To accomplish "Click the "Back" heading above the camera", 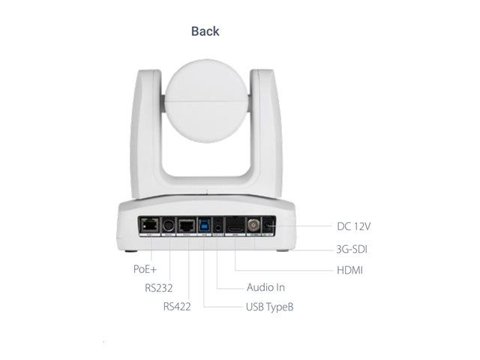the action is (x=205, y=31).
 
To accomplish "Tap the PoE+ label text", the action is (x=145, y=269).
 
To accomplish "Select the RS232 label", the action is (x=158, y=288).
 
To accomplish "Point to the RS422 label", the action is (x=177, y=307).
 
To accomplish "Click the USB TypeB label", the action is (x=270, y=307).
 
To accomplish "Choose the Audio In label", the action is (x=265, y=287).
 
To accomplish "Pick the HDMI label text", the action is (x=350, y=270).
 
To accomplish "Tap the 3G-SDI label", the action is (x=352, y=249).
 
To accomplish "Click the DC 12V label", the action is (x=353, y=226).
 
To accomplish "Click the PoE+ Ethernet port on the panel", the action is (x=149, y=225).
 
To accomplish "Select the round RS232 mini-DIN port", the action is (x=168, y=226).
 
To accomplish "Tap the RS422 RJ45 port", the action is (x=187, y=226).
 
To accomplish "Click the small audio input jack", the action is (x=218, y=227).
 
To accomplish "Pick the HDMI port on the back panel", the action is (x=235, y=228).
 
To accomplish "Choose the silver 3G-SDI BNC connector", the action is (x=253, y=225).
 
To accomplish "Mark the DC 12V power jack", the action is (x=268, y=226).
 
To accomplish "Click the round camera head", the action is (x=206, y=100).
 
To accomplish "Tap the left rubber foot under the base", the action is (x=131, y=251).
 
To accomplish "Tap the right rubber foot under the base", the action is (x=283, y=250).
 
